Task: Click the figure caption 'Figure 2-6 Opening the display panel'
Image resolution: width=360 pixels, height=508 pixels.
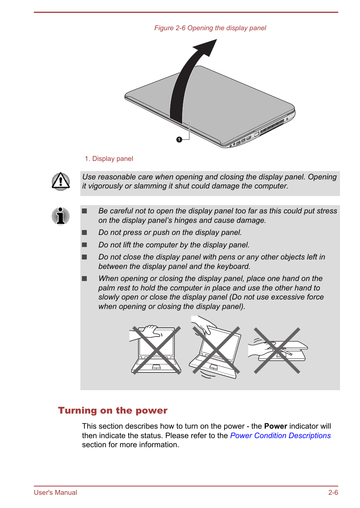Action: [x=210, y=28]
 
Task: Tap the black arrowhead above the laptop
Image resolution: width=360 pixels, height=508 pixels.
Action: [x=208, y=47]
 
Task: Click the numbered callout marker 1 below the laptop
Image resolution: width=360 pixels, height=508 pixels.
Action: [x=179, y=139]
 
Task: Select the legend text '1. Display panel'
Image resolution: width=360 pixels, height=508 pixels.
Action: [x=109, y=159]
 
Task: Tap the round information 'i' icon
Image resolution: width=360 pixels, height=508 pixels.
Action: [x=61, y=216]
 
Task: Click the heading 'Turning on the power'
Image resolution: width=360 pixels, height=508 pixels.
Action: [x=112, y=411]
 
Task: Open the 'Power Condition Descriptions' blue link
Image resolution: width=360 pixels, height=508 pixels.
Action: [x=280, y=435]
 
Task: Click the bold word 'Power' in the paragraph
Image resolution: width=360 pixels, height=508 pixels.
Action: [x=275, y=426]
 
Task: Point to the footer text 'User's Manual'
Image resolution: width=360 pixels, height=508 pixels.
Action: [x=55, y=493]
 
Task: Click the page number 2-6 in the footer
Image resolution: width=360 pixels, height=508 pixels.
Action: [x=333, y=493]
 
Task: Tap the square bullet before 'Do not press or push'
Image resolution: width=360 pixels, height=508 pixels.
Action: [x=85, y=233]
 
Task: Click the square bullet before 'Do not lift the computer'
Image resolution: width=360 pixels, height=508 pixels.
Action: [x=85, y=245]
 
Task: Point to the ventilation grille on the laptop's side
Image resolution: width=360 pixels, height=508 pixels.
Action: [x=272, y=127]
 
